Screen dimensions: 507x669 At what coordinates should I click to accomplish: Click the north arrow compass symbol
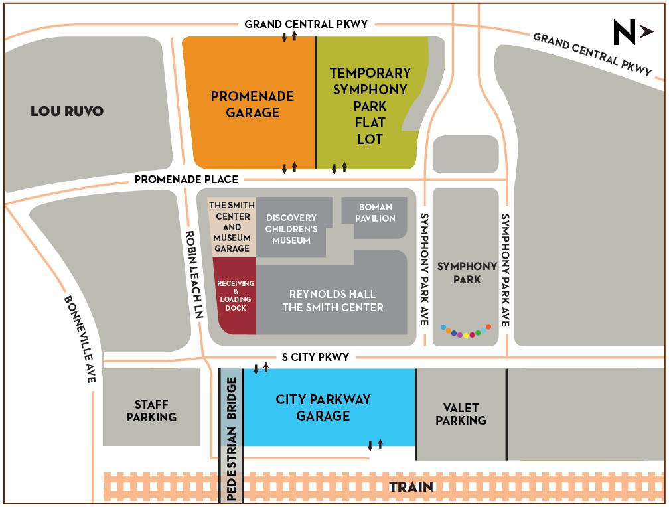click(632, 32)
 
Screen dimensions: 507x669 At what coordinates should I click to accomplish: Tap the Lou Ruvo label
click(67, 111)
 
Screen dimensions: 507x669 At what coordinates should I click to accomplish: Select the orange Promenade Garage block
click(252, 104)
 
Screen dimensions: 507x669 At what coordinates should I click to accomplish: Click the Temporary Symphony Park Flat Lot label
click(370, 106)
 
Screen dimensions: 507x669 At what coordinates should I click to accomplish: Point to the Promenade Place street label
click(186, 179)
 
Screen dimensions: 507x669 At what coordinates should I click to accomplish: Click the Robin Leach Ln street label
click(192, 275)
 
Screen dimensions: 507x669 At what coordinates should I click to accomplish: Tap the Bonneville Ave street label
click(81, 338)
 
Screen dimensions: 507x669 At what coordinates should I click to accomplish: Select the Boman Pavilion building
click(376, 213)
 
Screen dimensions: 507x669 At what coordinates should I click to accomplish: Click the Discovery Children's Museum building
click(291, 228)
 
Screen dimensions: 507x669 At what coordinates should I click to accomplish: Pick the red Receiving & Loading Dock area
click(235, 296)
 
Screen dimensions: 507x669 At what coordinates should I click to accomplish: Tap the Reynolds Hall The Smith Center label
click(333, 301)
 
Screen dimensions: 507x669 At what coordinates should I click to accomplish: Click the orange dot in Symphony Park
click(488, 326)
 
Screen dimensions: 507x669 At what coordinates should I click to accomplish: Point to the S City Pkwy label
click(315, 357)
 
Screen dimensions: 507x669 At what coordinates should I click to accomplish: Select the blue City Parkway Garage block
click(323, 407)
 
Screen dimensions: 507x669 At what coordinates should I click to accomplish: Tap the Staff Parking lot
click(151, 411)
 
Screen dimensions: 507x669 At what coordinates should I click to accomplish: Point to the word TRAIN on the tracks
click(411, 487)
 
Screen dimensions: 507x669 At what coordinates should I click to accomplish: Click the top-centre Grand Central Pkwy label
click(306, 24)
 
